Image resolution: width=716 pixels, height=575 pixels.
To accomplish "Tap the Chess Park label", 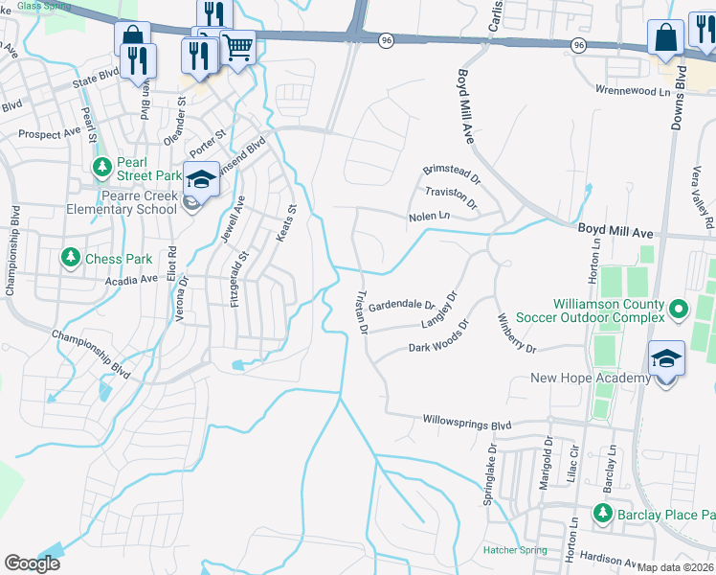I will click(x=119, y=259).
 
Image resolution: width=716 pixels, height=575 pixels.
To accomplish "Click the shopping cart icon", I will click(x=237, y=45).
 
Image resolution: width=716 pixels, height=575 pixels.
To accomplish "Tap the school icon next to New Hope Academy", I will click(x=666, y=360).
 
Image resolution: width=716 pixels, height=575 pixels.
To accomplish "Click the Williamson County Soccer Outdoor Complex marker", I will click(x=679, y=309).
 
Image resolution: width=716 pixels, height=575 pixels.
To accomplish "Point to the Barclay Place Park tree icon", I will click(x=602, y=513).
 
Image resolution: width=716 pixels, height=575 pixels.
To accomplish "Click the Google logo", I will click(x=32, y=563).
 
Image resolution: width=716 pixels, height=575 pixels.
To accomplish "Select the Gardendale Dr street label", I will click(x=402, y=305).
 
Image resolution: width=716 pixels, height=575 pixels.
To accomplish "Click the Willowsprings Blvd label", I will click(x=466, y=423).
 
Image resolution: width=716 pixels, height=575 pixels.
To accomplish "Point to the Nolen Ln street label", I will click(x=429, y=217).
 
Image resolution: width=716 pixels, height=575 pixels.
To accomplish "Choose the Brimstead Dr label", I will click(x=453, y=169).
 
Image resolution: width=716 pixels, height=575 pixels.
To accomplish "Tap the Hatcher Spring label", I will click(x=515, y=549).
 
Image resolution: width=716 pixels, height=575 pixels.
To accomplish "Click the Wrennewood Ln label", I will click(x=616, y=89).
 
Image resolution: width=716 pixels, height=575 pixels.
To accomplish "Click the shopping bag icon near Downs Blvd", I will click(x=664, y=38).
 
